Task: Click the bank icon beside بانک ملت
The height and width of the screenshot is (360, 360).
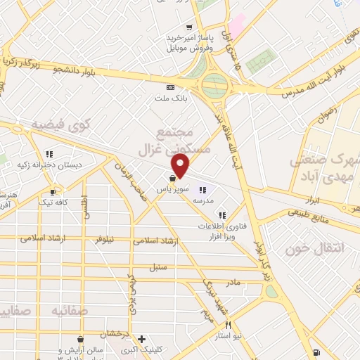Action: (169, 87)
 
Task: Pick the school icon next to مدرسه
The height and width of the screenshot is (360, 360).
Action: (203, 189)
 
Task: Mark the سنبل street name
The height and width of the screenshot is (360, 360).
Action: (157, 267)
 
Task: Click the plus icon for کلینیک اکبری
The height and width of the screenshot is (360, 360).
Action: (141, 338)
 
